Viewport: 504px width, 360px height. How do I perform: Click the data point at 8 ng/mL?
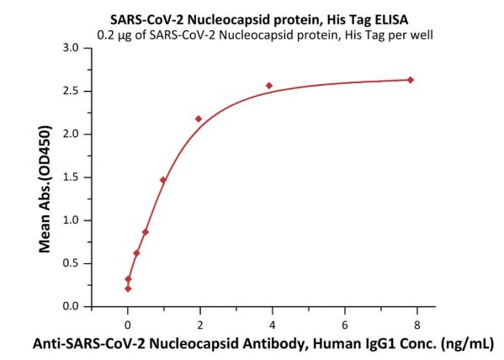[x=410, y=80]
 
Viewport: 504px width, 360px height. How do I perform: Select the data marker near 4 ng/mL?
[x=269, y=86]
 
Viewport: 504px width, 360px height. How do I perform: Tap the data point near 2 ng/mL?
[x=199, y=119]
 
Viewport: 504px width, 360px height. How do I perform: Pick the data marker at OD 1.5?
[x=163, y=180]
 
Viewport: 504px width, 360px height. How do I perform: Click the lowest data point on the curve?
[x=128, y=289]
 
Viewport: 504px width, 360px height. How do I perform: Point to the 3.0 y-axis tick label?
[x=71, y=48]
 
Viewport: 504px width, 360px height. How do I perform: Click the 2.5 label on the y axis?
[x=71, y=92]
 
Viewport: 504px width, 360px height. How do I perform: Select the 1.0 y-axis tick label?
[x=71, y=220]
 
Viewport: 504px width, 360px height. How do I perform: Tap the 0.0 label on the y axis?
[x=71, y=307]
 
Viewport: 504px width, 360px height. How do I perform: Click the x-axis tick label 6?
[x=345, y=326]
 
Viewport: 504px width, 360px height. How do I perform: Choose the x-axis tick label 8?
[x=416, y=326]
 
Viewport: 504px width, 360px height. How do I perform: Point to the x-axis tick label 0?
[x=128, y=326]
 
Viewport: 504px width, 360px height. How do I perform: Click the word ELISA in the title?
[x=391, y=20]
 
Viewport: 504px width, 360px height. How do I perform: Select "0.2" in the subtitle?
[x=106, y=34]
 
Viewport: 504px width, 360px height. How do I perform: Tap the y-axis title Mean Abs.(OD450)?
[x=45, y=189]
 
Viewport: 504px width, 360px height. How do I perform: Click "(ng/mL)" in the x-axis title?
[x=468, y=344]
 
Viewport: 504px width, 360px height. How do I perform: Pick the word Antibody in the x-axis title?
[x=273, y=344]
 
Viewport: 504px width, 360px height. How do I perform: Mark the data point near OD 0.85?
[x=146, y=232]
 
